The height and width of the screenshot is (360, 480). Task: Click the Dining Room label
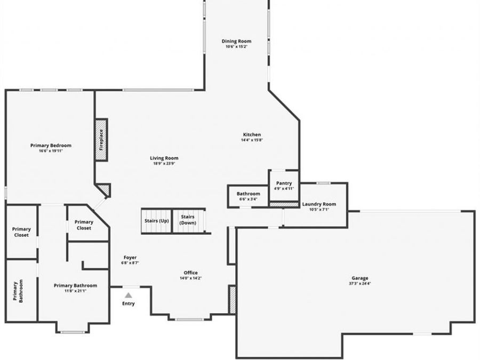pyautogui.click(x=236, y=41)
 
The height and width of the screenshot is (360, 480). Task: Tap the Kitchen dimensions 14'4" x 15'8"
pyautogui.click(x=252, y=140)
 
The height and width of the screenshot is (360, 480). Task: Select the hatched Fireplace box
pyautogui.click(x=101, y=140)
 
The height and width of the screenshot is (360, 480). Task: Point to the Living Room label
pyautogui.click(x=164, y=158)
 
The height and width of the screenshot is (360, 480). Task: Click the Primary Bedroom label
pyautogui.click(x=51, y=145)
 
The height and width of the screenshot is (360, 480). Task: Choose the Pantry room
pyautogui.click(x=284, y=186)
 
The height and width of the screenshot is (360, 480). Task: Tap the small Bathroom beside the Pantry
pyautogui.click(x=248, y=196)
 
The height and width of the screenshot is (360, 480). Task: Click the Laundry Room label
pyautogui.click(x=319, y=204)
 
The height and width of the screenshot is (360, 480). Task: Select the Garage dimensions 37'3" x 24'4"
pyautogui.click(x=359, y=284)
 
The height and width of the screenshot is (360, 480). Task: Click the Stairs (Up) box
pyautogui.click(x=156, y=220)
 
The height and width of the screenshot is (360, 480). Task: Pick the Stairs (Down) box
pyautogui.click(x=188, y=220)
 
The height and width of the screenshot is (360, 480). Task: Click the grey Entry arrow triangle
pyautogui.click(x=128, y=294)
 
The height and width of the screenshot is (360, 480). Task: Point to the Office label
pyautogui.click(x=191, y=273)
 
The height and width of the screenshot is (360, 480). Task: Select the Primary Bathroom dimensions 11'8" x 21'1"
pyautogui.click(x=75, y=291)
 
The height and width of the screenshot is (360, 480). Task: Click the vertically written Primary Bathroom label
pyautogui.click(x=21, y=291)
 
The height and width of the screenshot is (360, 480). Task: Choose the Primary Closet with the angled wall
pyautogui.click(x=84, y=225)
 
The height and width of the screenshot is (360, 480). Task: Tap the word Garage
pyautogui.click(x=359, y=278)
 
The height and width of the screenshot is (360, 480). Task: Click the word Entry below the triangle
pyautogui.click(x=128, y=303)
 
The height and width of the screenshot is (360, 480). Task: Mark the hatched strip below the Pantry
pyautogui.click(x=284, y=204)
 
